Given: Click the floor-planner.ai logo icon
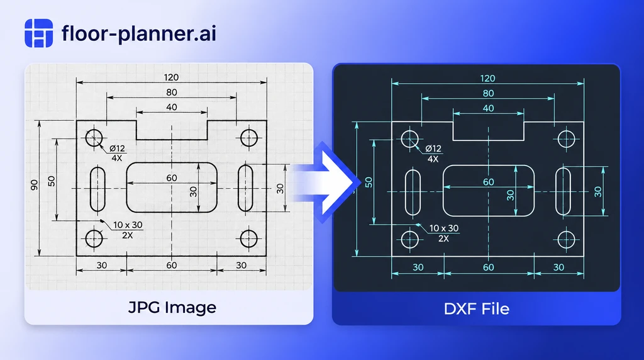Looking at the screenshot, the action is pyautogui.click(x=38, y=33).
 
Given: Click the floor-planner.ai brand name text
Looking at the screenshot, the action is pyautogui.click(x=139, y=33).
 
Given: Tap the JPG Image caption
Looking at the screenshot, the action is pyautogui.click(x=172, y=307).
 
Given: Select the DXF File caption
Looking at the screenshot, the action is pyautogui.click(x=477, y=308).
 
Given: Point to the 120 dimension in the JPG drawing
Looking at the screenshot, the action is pyautogui.click(x=171, y=77).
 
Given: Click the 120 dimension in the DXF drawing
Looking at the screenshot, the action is pyautogui.click(x=487, y=78).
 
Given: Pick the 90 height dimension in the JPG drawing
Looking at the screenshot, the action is pyautogui.click(x=35, y=185).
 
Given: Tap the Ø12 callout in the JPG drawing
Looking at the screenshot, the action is pyautogui.click(x=117, y=149).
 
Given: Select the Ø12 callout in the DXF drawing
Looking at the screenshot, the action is pyautogui.click(x=433, y=149).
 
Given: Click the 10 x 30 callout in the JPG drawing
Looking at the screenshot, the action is pyautogui.click(x=128, y=225).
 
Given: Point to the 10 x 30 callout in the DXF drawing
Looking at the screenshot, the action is pyautogui.click(x=444, y=228).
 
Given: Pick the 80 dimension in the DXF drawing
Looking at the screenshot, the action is pyautogui.click(x=488, y=93).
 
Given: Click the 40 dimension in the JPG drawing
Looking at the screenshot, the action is pyautogui.click(x=171, y=107).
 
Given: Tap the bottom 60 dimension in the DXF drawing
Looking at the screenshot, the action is pyautogui.click(x=488, y=267).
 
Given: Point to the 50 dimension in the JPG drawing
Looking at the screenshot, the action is pyautogui.click(x=52, y=181).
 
